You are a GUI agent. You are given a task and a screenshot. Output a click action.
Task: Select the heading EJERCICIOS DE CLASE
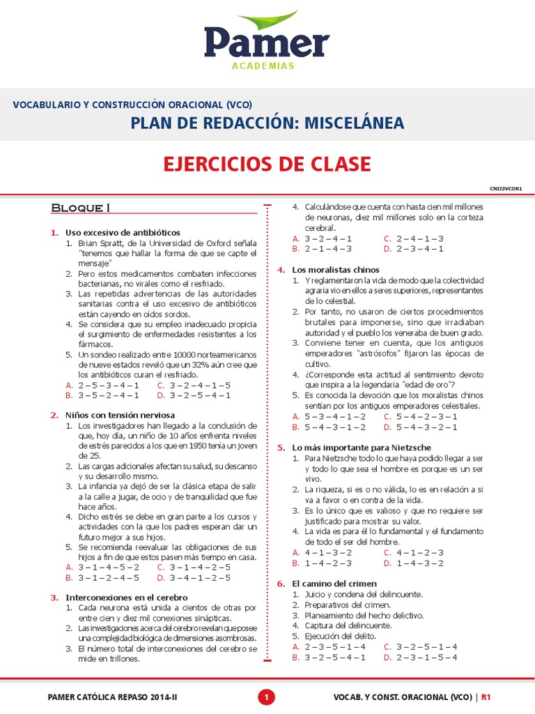pos(267,164)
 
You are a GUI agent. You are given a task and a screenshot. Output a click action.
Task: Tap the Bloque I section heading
pos(81,207)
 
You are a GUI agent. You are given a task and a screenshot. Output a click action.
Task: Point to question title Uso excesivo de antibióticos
pos(123,232)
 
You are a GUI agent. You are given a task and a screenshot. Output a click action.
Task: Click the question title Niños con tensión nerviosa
pos(120,415)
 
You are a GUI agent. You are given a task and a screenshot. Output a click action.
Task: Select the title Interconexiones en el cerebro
pos(127,598)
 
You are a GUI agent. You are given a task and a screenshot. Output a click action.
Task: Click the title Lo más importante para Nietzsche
pos(362,447)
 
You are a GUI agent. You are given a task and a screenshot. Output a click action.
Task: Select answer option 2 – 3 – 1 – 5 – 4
pos(426,657)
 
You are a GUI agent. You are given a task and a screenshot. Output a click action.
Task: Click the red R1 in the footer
pos(486,697)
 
